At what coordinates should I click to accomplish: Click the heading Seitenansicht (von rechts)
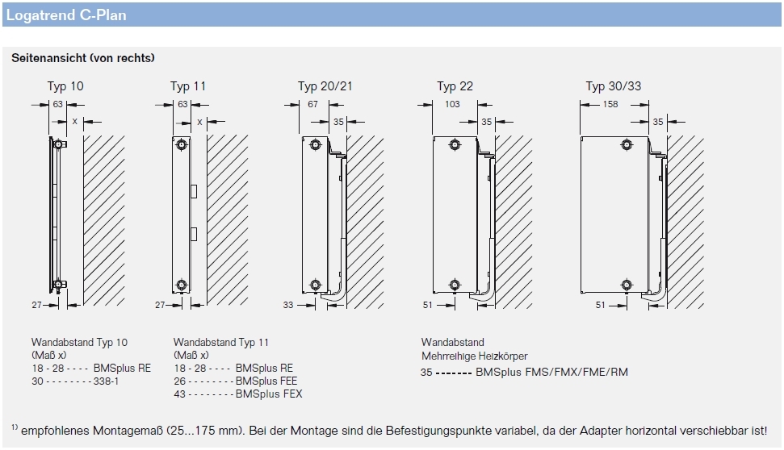coord(83,58)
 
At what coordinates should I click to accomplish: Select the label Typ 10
coord(65,86)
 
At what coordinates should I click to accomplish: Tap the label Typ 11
coord(189,86)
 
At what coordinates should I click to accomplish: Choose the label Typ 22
coord(455,86)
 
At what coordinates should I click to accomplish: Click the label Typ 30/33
coord(614,86)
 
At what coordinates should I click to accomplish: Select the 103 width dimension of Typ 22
coord(452,104)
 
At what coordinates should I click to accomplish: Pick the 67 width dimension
coord(312,104)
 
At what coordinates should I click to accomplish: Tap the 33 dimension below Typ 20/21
coord(289,305)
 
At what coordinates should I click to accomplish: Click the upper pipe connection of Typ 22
coord(455,146)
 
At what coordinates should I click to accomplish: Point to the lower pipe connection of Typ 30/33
coord(626,285)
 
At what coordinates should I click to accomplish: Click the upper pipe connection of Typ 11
coord(182,146)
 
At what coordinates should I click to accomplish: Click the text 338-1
coord(107,381)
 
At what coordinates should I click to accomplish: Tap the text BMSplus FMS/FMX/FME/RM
coord(551,372)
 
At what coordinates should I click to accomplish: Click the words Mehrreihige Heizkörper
coord(475,356)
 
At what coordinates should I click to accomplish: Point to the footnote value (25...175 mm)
coord(203,431)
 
